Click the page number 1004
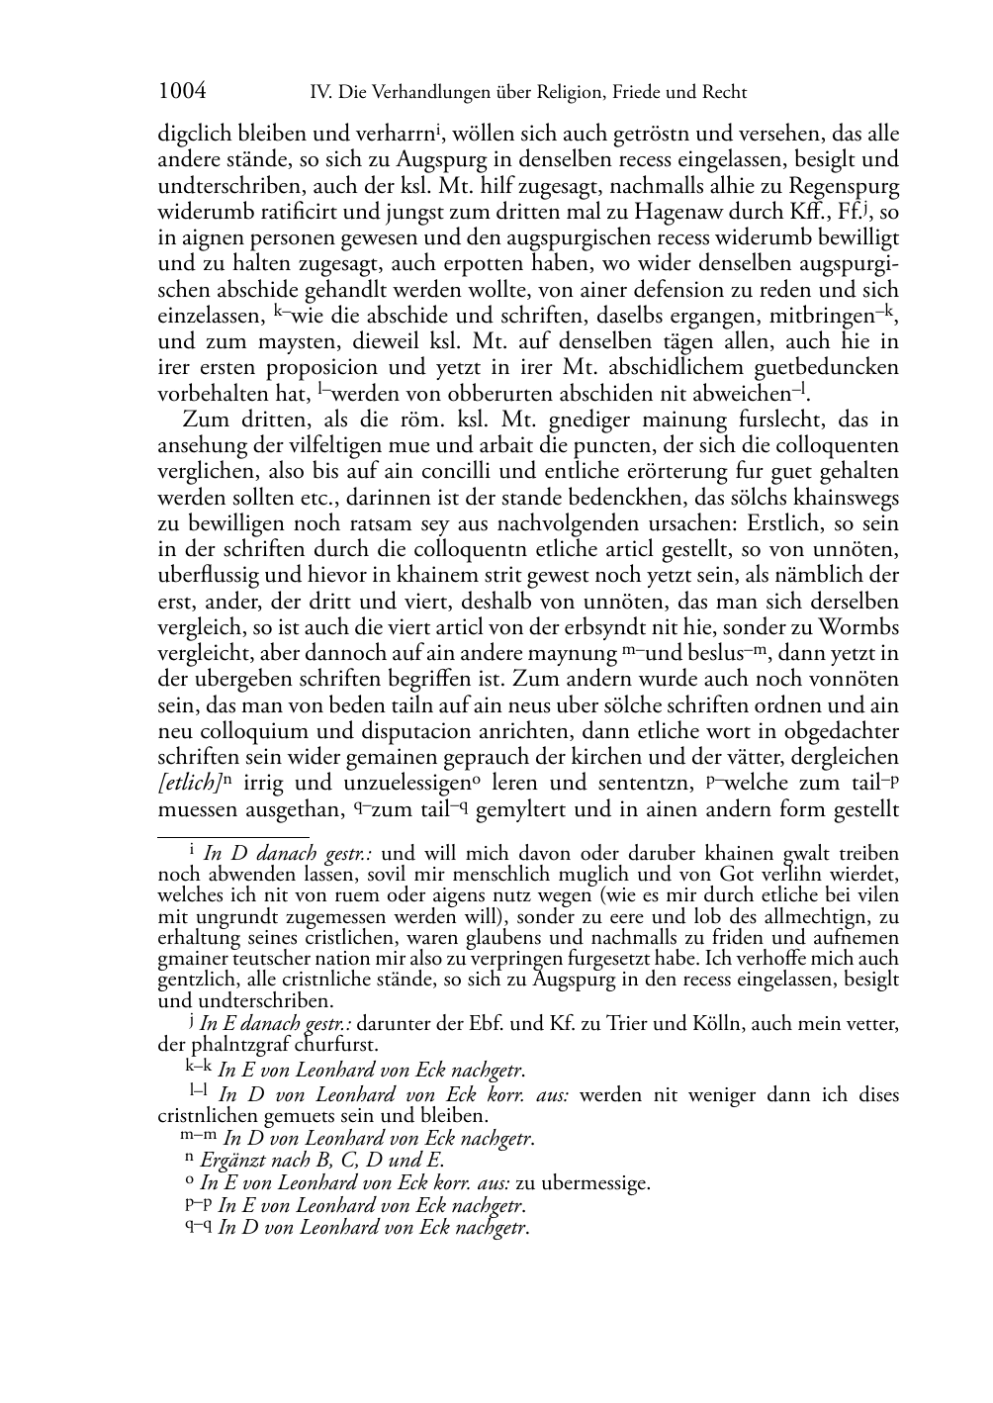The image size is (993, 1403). [182, 92]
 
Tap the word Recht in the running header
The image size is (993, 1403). [722, 93]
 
